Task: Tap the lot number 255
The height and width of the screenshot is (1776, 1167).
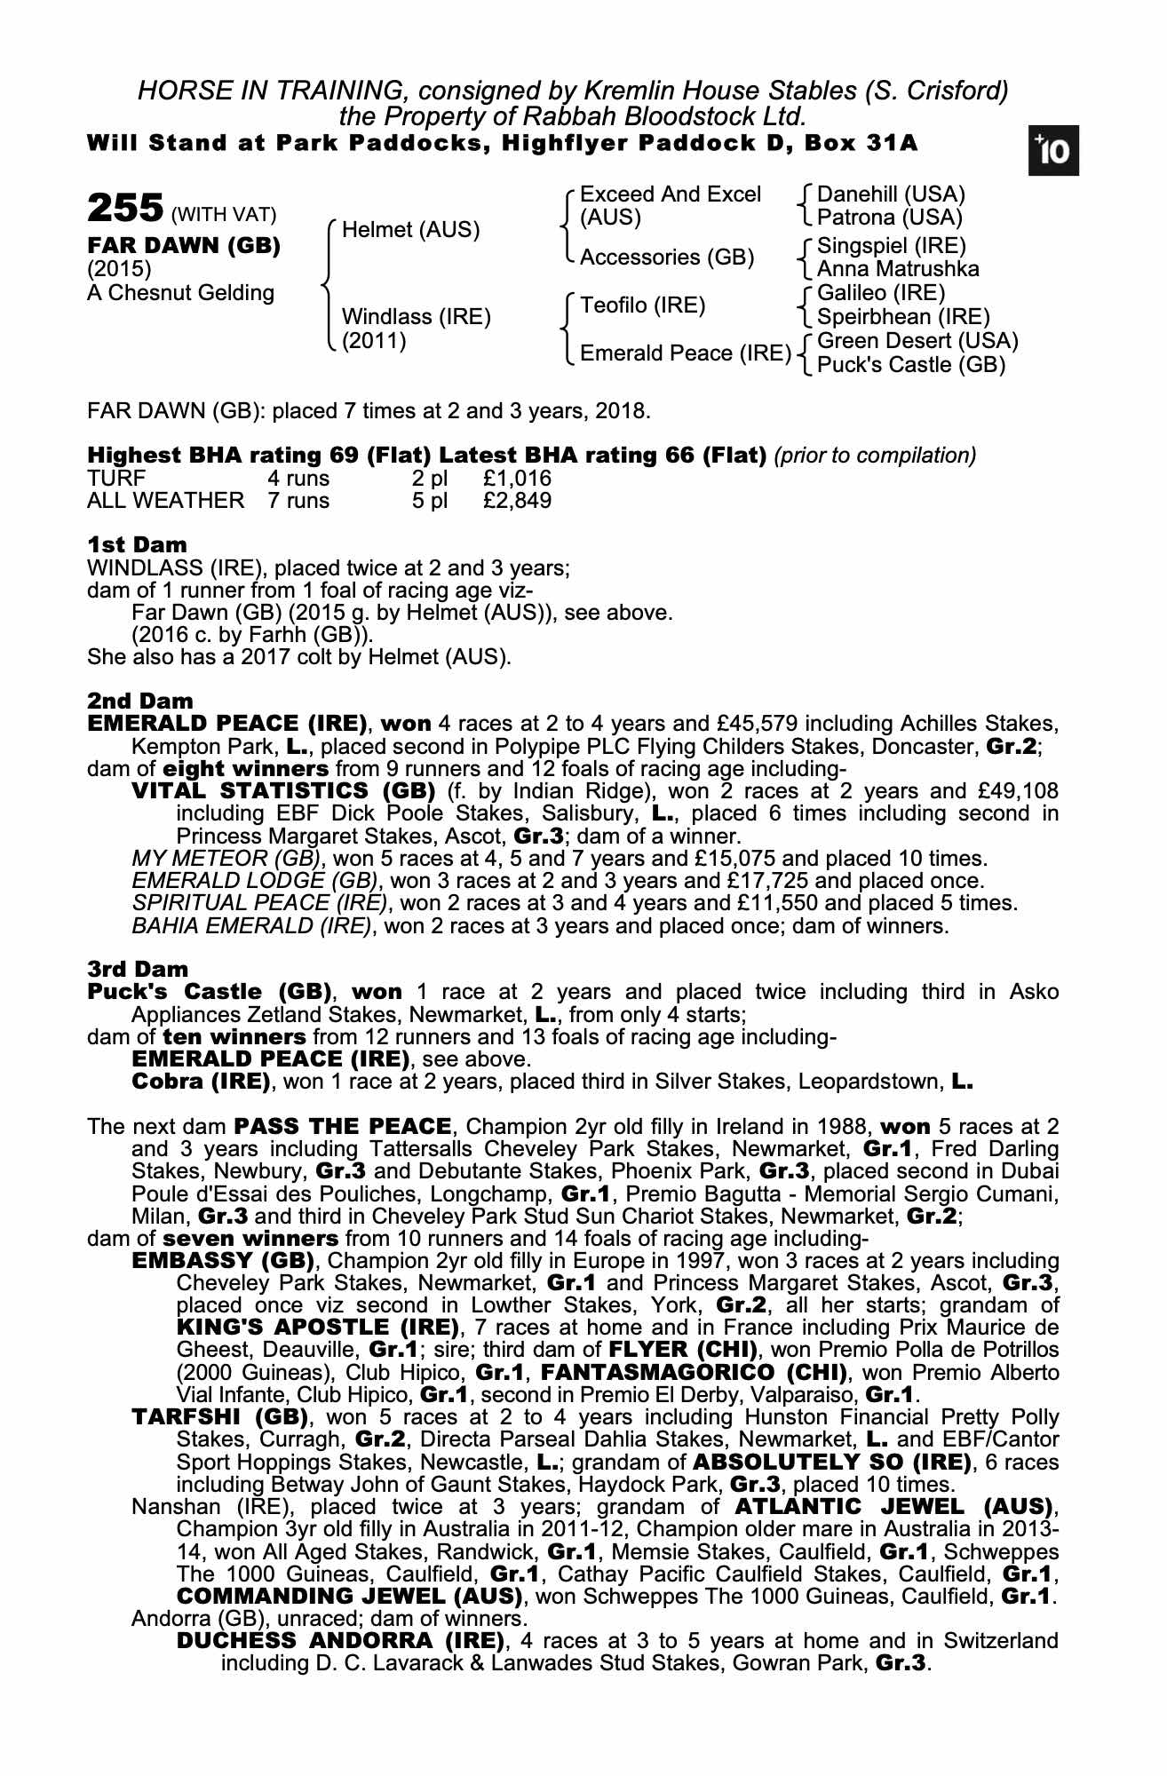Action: coord(124,210)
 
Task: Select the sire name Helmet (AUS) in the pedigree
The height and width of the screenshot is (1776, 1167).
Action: coord(410,230)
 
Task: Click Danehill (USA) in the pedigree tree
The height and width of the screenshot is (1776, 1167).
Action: coord(890,194)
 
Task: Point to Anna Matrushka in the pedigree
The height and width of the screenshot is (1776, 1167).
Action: coord(897,269)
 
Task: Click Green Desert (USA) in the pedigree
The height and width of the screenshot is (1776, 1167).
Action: coord(917,341)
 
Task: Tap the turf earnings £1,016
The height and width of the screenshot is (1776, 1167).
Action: coord(517,479)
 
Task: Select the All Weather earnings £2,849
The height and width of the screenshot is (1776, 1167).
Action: coord(517,501)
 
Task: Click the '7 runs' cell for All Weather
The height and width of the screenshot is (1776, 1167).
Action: coord(298,501)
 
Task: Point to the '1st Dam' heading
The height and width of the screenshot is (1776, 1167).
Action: coord(137,544)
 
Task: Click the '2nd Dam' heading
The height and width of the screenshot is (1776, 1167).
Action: coord(139,701)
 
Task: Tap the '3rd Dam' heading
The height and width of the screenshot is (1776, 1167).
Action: coord(138,969)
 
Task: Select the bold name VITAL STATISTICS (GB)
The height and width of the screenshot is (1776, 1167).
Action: coord(282,790)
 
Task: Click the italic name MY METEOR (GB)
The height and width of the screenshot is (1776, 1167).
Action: coord(226,859)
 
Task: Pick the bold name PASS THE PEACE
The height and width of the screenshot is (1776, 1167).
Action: coord(342,1127)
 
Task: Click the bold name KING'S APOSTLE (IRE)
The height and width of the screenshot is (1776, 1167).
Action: coord(318,1328)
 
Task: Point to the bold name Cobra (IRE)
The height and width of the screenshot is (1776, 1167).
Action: coord(200,1082)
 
